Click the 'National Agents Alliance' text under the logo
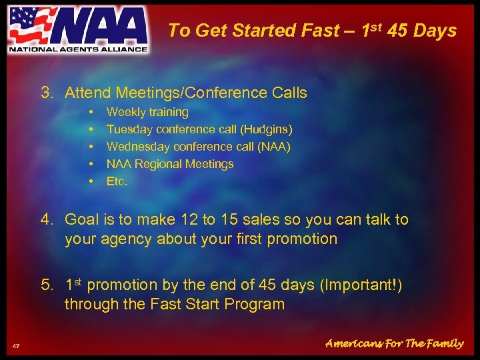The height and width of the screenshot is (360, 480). tap(77, 49)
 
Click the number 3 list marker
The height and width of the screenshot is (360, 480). tap(47, 93)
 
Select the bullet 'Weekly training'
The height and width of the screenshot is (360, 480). tap(147, 112)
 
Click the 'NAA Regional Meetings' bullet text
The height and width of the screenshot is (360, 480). tap(170, 164)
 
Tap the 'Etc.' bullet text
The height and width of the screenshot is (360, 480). tap(117, 181)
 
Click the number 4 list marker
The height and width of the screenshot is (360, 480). tap(46, 219)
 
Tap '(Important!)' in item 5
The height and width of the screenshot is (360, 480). tap(361, 285)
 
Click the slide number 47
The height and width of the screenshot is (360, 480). tap(16, 345)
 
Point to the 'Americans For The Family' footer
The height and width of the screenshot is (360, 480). tap(394, 344)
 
